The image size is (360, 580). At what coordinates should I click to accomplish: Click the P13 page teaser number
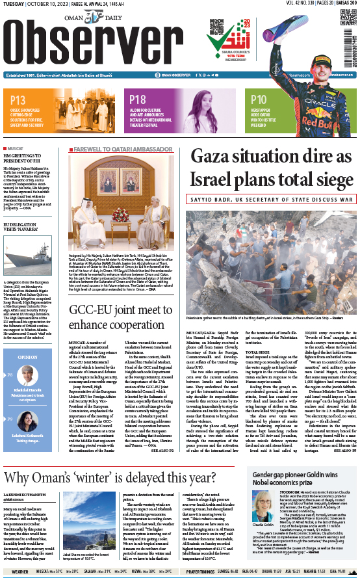coord(18,100)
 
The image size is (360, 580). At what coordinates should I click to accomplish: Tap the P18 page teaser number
coord(138,100)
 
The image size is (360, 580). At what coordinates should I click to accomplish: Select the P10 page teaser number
coord(259,100)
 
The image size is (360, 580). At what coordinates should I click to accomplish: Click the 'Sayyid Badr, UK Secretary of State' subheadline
coord(272,199)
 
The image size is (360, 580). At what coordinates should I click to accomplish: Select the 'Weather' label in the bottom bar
coord(19,572)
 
